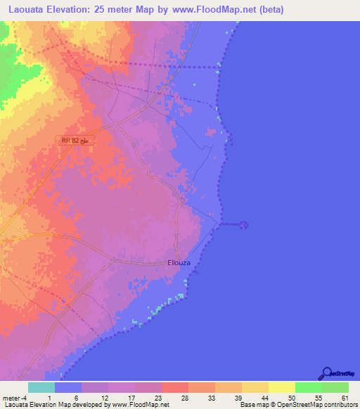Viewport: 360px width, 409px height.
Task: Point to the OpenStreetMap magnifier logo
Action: pos(327,373)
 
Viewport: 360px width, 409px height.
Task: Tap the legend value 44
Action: pos(255,397)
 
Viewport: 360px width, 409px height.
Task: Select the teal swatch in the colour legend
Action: pos(41,387)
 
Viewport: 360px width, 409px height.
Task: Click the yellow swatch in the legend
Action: pos(282,387)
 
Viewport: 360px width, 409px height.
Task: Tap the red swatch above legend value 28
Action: pos(175,387)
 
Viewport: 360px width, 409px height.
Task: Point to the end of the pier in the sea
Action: pos(244,225)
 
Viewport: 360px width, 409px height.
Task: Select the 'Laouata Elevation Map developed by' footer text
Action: pos(49,404)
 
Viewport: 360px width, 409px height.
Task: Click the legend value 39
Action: pos(229,397)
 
